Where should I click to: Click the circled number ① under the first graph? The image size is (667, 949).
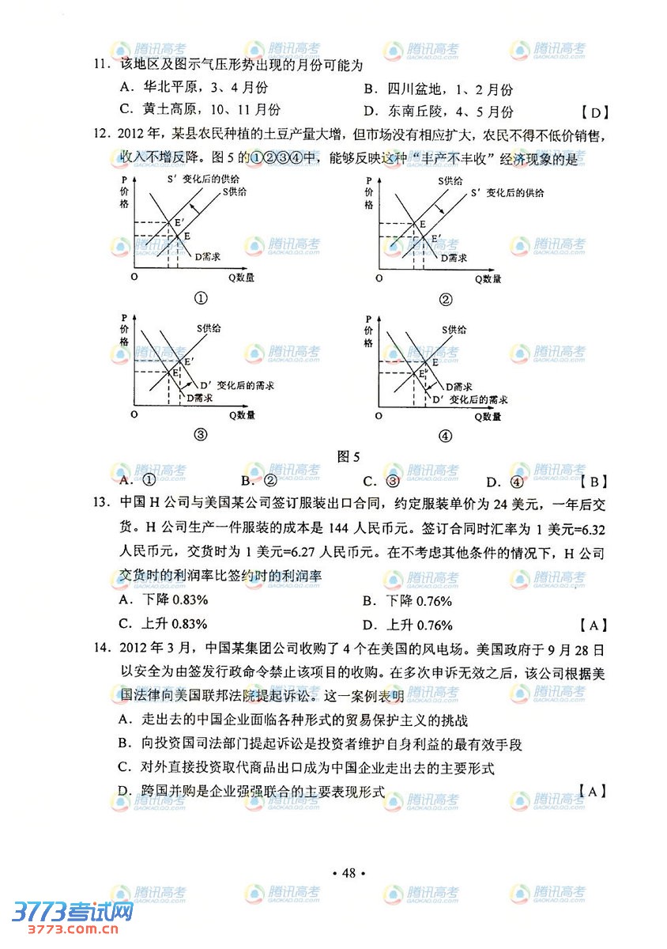tap(201, 298)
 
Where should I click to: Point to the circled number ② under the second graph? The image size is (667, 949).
tap(446, 299)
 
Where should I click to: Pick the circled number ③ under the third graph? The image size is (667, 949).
tap(201, 434)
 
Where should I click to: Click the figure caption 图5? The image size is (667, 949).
tap(349, 456)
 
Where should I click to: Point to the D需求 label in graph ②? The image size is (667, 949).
tap(454, 258)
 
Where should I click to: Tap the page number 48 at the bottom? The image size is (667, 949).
tap(349, 873)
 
